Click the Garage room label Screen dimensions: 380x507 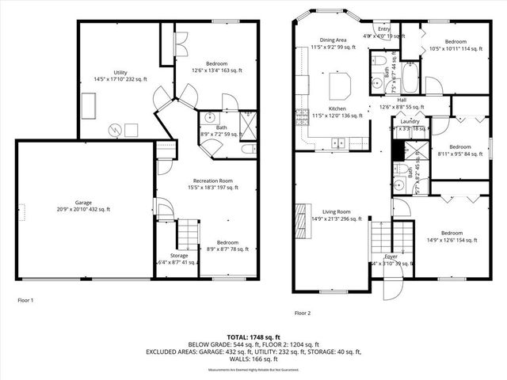click(x=83, y=202)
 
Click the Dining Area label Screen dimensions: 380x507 click(x=333, y=40)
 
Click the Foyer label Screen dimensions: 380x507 click(x=391, y=256)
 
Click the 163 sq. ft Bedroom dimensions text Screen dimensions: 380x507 click(x=215, y=70)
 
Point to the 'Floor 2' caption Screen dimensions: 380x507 click(x=302, y=313)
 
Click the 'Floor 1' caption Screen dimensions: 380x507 click(x=25, y=300)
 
